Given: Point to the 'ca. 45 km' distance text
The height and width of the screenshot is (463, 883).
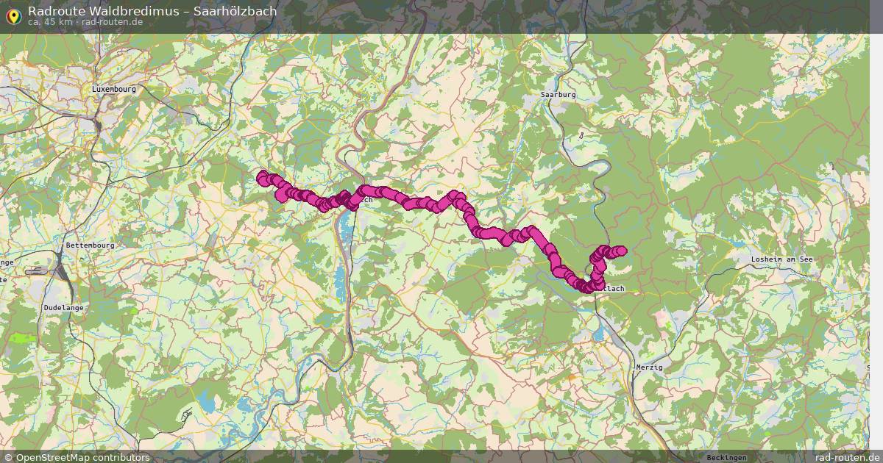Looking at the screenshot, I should click(50, 22).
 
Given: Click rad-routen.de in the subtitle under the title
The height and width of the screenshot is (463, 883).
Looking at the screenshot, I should click(113, 22).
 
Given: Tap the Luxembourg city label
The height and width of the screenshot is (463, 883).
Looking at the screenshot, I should click(114, 89).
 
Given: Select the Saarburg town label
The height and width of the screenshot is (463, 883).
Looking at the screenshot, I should click(558, 95).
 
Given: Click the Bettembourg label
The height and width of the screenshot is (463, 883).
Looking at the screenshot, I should click(90, 245).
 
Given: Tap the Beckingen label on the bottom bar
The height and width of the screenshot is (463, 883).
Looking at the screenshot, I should click(726, 457).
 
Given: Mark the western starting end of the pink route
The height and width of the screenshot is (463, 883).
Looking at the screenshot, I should click(262, 176).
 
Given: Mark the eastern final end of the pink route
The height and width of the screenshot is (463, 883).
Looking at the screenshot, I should click(621, 251).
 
